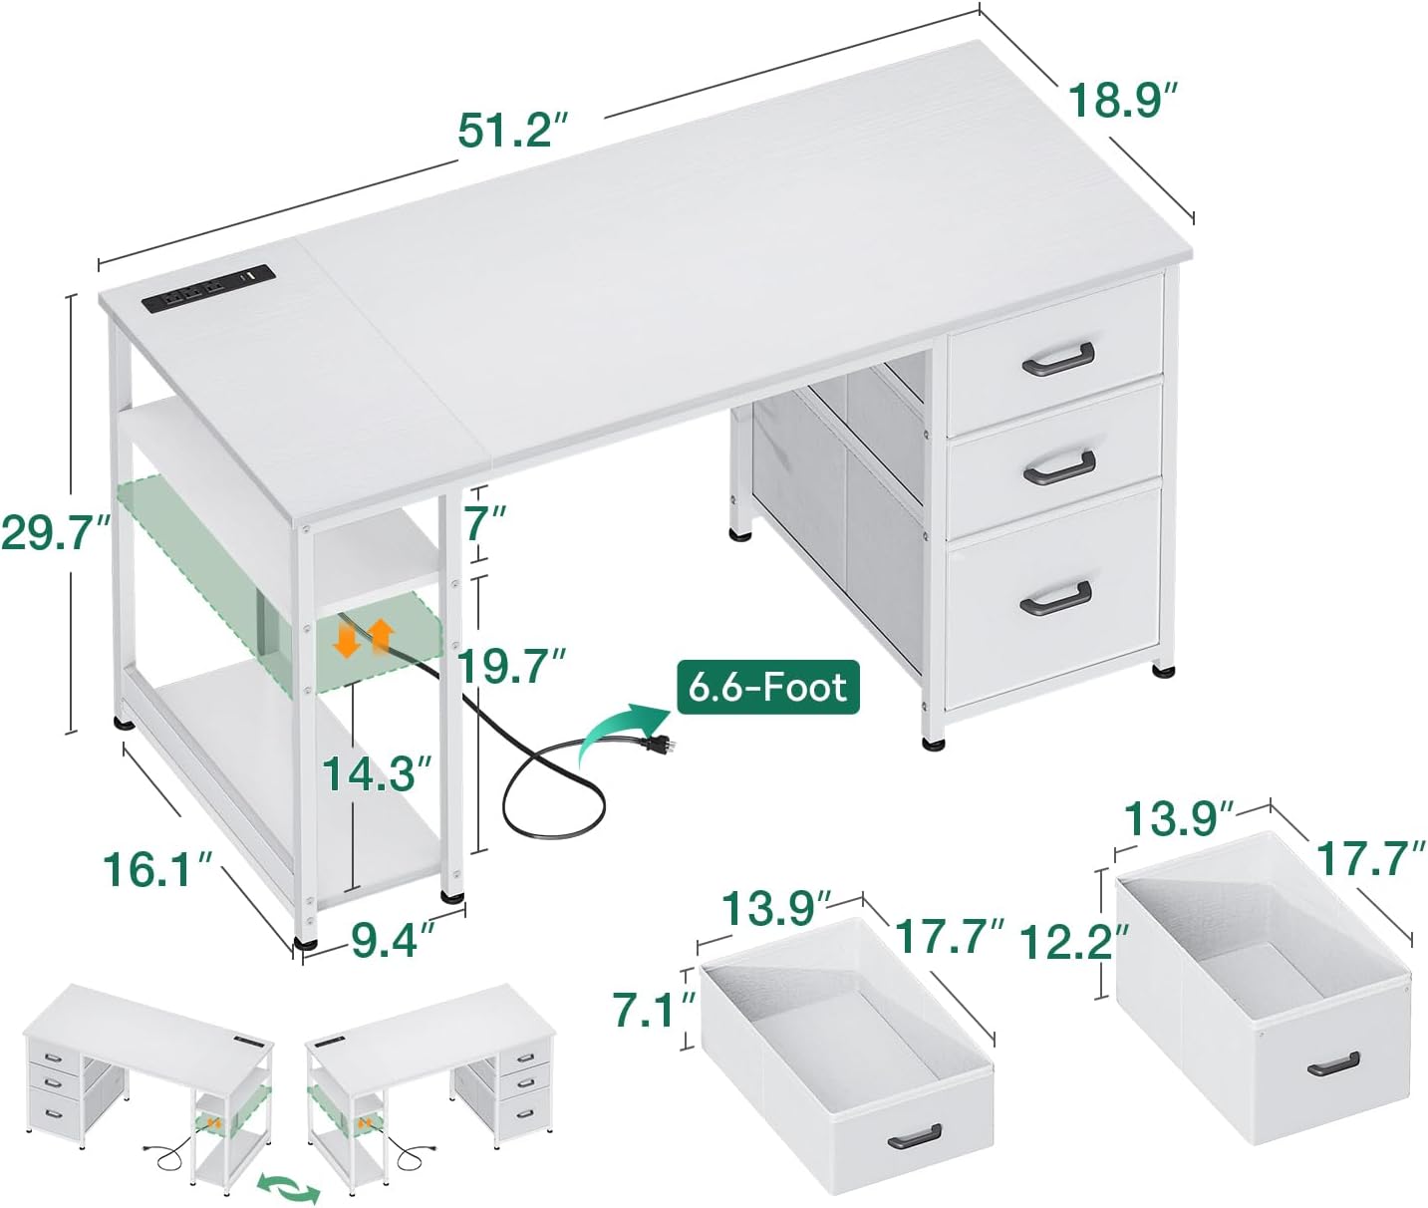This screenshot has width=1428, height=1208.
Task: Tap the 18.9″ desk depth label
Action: coord(1123,101)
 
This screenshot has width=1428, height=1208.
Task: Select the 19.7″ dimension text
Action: coord(512,665)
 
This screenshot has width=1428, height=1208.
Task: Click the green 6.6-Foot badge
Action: coord(768,687)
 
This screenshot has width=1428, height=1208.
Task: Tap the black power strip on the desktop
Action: coord(209,289)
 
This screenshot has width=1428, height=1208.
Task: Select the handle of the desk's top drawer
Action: coord(1057,360)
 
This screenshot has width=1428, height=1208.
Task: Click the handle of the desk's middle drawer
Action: coord(1059,467)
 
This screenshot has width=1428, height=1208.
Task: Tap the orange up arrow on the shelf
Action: coord(381,636)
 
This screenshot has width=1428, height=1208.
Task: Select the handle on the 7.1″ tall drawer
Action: coord(914,1135)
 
